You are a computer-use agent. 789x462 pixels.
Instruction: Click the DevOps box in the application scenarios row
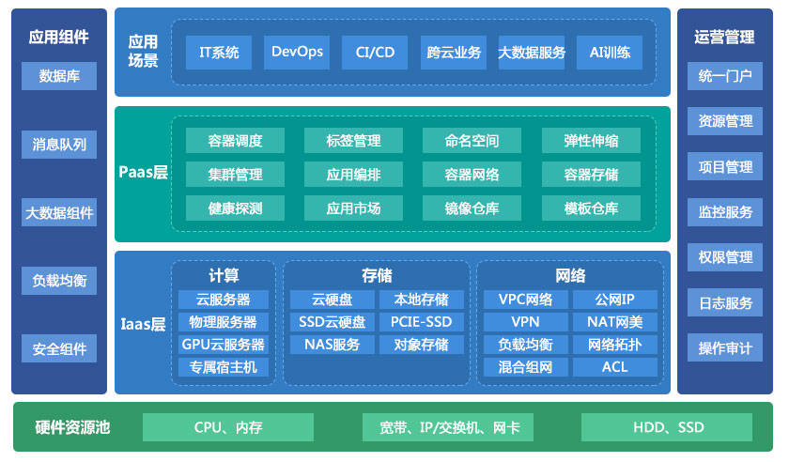tap(297, 53)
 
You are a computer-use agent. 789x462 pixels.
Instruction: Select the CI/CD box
tap(375, 53)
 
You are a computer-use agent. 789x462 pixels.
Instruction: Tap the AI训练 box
tap(610, 53)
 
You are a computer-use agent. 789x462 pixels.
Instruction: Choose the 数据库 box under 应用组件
tap(59, 76)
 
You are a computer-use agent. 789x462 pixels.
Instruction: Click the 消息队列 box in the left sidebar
tap(59, 145)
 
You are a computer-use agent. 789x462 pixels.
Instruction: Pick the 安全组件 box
tap(59, 348)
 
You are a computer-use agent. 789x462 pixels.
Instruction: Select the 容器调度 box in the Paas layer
tap(235, 141)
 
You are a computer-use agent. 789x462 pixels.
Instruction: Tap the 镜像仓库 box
tap(472, 208)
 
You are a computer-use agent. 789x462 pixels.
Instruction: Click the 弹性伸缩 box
tap(591, 141)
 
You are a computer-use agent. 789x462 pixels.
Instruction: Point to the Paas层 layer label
tap(143, 172)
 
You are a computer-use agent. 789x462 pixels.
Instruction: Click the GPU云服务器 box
tap(224, 345)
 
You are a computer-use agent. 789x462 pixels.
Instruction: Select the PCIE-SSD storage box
tap(422, 322)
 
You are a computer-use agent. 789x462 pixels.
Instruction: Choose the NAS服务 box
tap(333, 345)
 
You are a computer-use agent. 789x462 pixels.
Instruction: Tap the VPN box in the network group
tap(525, 322)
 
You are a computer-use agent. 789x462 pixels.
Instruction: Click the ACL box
tap(615, 367)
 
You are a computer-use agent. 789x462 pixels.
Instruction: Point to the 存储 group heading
tap(377, 275)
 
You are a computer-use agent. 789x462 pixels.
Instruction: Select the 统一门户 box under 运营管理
tap(725, 76)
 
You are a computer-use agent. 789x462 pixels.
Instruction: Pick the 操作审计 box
tap(725, 347)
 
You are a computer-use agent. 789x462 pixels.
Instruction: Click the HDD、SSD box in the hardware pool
tap(667, 427)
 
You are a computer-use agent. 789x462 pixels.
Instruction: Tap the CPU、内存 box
tap(228, 427)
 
